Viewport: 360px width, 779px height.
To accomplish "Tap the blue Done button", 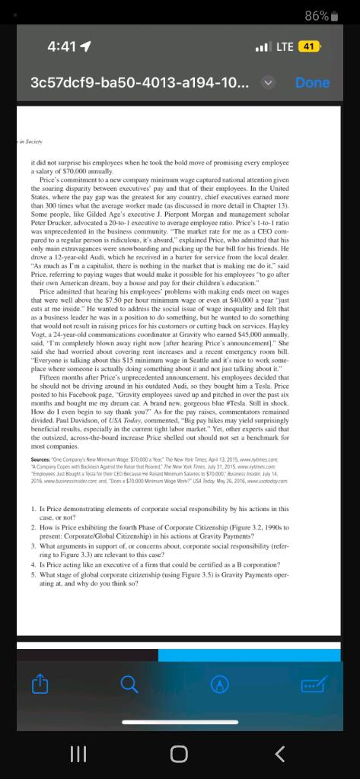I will (312, 82).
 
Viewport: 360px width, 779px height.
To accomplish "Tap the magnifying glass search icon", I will (129, 685).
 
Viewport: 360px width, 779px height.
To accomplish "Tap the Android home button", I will (179, 753).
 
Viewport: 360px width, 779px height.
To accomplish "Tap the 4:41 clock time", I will (61, 46).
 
